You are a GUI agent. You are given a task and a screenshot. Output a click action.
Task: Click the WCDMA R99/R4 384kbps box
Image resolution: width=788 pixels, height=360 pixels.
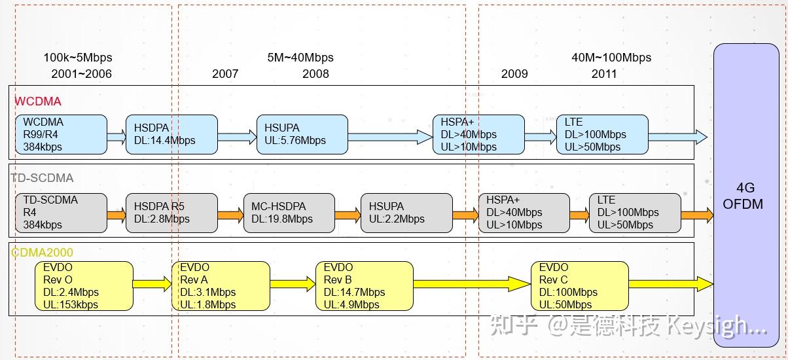coord(61,135)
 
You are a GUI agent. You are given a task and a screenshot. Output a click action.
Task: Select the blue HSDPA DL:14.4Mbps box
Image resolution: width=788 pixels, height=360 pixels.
coord(171,135)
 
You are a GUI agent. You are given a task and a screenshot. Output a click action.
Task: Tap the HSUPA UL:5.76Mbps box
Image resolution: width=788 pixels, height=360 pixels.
coord(302,135)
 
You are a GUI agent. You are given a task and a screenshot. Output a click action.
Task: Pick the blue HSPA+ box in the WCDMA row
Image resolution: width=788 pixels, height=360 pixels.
coord(478,135)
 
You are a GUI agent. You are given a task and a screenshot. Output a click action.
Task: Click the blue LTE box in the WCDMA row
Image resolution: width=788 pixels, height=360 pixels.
coord(602,135)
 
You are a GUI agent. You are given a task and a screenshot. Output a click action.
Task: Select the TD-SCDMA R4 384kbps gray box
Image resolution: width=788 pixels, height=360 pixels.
coord(61,213)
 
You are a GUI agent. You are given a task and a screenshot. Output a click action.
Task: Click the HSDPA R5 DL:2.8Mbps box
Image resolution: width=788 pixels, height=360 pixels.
coord(171,213)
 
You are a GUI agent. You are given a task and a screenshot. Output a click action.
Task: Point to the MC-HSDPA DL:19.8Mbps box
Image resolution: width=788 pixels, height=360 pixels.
coord(289,213)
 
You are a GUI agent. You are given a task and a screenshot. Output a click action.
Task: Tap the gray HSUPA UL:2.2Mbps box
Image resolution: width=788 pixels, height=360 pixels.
coord(406,213)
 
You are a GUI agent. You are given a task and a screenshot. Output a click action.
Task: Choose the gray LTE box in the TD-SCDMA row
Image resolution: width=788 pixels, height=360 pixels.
coord(635,213)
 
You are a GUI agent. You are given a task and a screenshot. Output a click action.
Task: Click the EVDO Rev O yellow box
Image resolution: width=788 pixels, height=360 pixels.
coord(84,286)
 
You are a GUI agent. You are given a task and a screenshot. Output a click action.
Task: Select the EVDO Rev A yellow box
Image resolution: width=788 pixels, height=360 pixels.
coord(221,286)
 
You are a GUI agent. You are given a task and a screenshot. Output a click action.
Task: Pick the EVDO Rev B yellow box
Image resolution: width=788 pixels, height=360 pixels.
coord(364,286)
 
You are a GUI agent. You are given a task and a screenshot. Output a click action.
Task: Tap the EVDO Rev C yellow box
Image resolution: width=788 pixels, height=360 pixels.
coord(579,286)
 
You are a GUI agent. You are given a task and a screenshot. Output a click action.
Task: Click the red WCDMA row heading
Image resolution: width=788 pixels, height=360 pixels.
coord(38,101)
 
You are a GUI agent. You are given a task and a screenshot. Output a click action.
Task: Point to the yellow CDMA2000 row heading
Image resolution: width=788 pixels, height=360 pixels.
coord(42,252)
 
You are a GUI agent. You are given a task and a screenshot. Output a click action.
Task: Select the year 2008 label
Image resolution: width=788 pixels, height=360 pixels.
coord(315,74)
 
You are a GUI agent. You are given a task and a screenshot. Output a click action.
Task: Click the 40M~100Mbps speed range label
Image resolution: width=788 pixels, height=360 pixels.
coord(611,58)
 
